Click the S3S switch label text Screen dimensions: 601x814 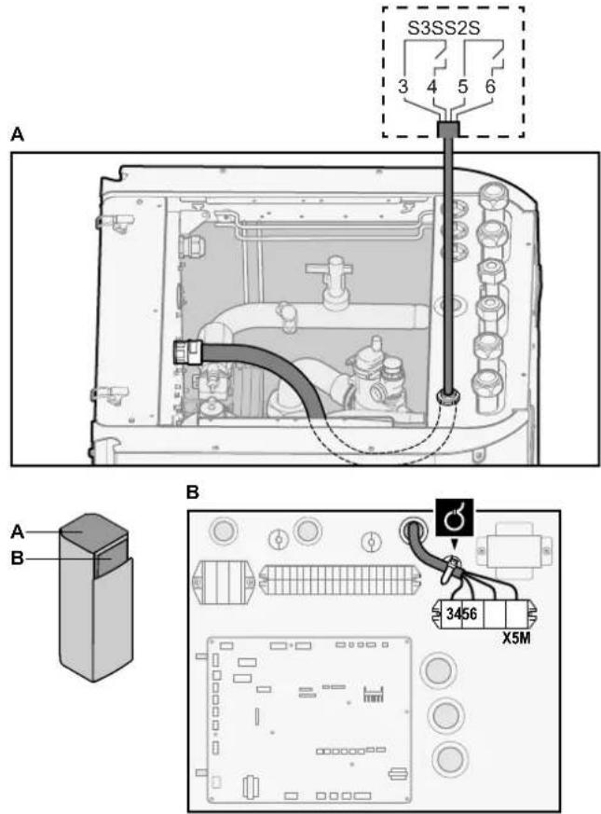(x=426, y=28)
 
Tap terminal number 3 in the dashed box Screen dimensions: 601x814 (x=403, y=86)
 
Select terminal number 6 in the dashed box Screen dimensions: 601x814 (x=490, y=86)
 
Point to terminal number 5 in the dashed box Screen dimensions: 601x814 (x=462, y=86)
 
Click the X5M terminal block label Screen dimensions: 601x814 (x=515, y=638)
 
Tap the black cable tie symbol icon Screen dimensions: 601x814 (x=455, y=517)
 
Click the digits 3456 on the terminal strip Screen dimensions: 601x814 (x=461, y=614)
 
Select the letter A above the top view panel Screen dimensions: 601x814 (x=17, y=135)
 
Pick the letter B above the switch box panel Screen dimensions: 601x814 (x=192, y=492)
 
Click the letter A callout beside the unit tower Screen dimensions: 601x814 (x=17, y=531)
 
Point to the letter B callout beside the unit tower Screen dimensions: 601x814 (x=17, y=559)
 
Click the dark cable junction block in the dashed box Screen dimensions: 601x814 (x=447, y=129)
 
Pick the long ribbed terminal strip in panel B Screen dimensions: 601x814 (x=339, y=579)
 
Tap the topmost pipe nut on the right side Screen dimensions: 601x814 (x=491, y=196)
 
